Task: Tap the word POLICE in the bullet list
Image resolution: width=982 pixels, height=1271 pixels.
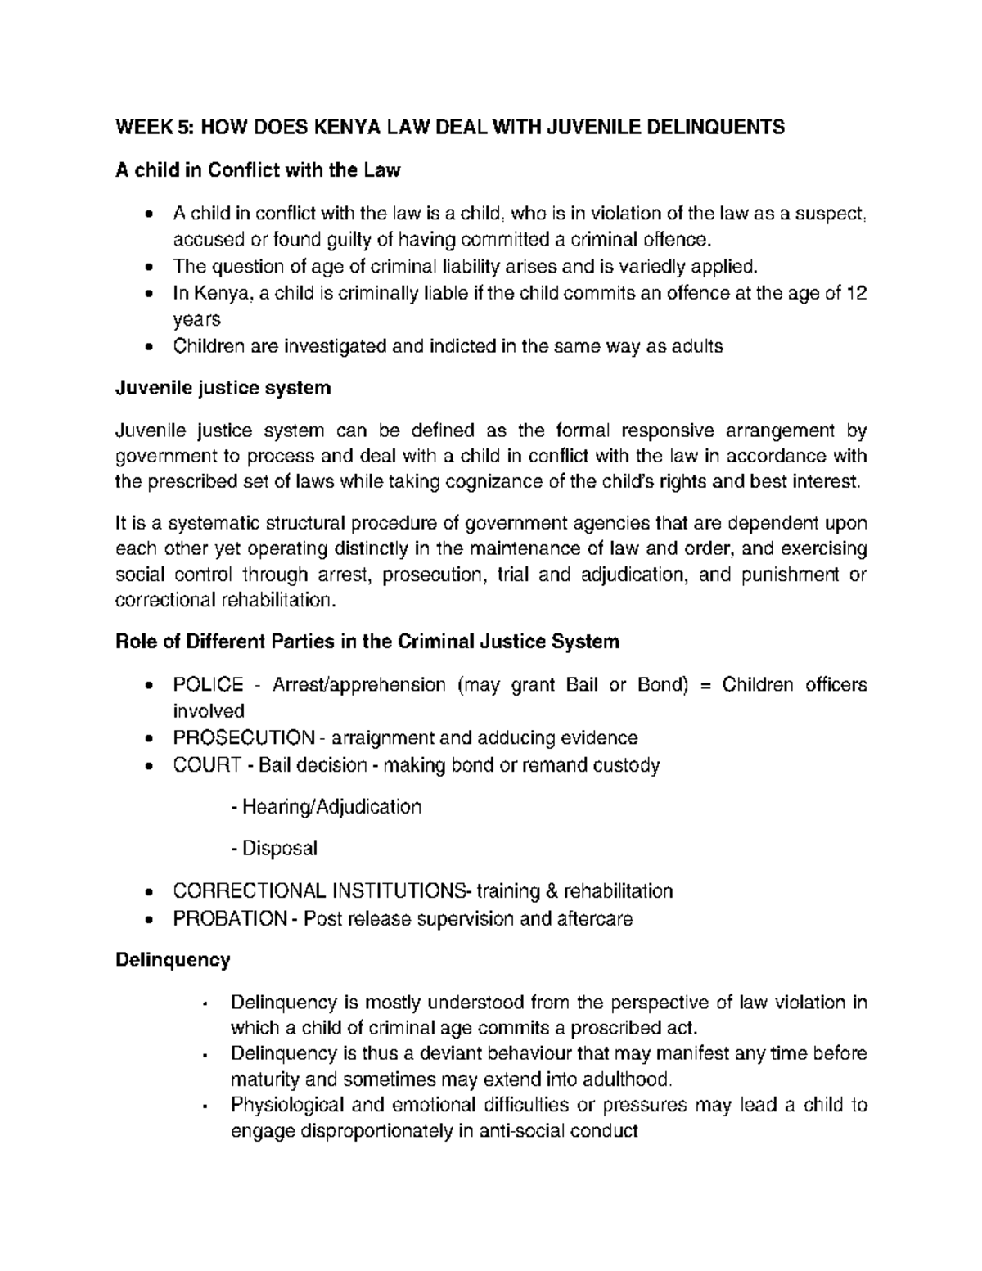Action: tap(208, 684)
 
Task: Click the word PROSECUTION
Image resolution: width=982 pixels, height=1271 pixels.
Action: tap(243, 738)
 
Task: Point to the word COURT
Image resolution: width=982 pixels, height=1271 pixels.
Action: tap(207, 765)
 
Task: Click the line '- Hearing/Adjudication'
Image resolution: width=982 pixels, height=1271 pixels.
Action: tap(327, 807)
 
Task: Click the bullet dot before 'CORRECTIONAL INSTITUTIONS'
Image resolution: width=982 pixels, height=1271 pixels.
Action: tap(147, 892)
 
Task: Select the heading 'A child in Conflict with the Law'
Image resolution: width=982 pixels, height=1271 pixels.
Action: tap(258, 170)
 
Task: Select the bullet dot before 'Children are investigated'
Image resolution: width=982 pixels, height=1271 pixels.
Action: tap(147, 347)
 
